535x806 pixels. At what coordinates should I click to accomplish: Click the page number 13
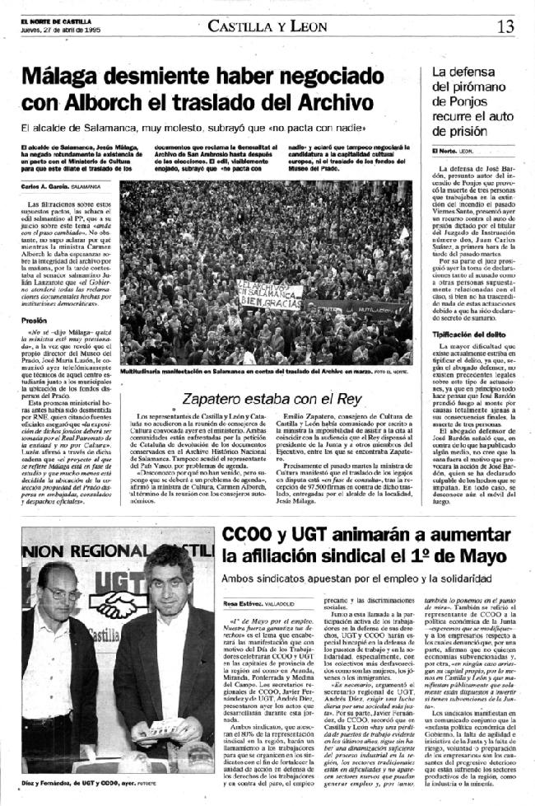click(505, 26)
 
